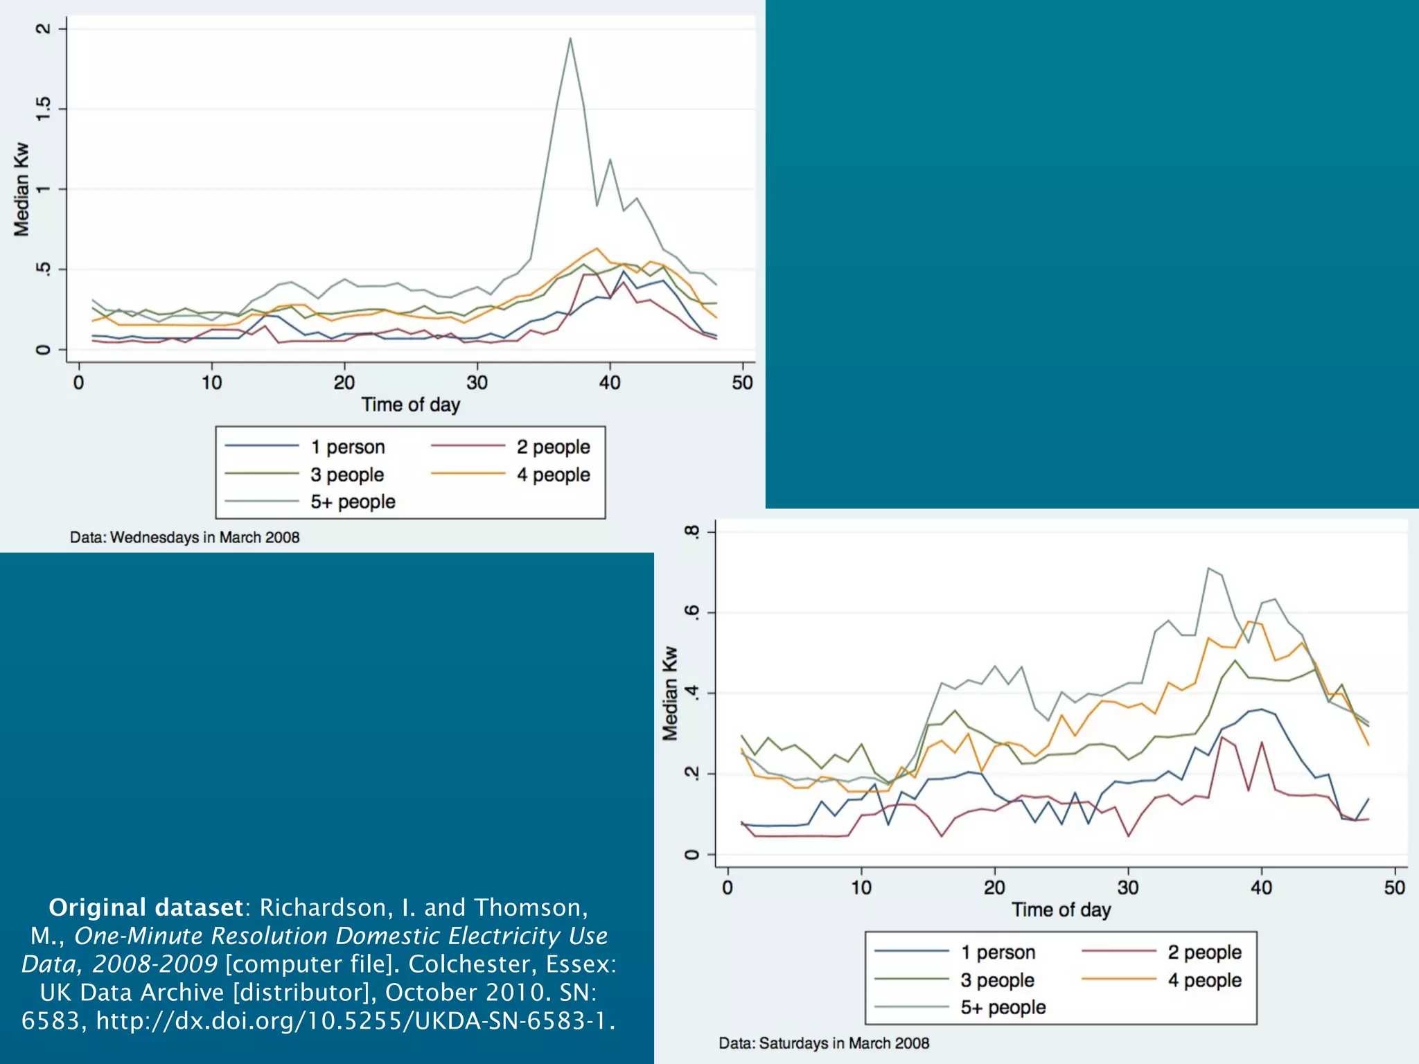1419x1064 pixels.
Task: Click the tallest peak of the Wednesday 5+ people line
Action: click(x=570, y=39)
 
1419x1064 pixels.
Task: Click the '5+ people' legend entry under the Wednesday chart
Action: click(x=352, y=502)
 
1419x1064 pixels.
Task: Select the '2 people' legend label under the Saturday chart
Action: click(x=1204, y=952)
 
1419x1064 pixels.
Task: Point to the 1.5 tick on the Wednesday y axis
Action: click(x=43, y=109)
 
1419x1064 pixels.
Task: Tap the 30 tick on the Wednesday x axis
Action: click(x=477, y=382)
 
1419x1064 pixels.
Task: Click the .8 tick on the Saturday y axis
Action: click(x=691, y=531)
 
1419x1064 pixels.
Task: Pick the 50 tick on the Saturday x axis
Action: click(x=1394, y=887)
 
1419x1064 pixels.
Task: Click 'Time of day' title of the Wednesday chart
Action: click(x=410, y=405)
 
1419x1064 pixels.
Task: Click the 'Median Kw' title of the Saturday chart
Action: click(x=669, y=693)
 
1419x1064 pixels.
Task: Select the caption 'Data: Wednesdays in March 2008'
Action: click(x=184, y=538)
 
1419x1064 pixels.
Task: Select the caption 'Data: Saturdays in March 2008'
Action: click(x=824, y=1043)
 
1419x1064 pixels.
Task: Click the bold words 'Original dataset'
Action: click(x=146, y=907)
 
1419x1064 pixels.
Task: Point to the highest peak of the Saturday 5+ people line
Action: click(x=1208, y=569)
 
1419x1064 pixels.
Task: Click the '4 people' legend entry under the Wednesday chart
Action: click(x=553, y=475)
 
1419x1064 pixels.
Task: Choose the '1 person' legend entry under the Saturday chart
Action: click(x=997, y=952)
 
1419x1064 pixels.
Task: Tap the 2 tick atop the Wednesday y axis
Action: click(x=43, y=28)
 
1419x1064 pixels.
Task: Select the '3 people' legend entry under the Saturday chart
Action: click(x=996, y=980)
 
